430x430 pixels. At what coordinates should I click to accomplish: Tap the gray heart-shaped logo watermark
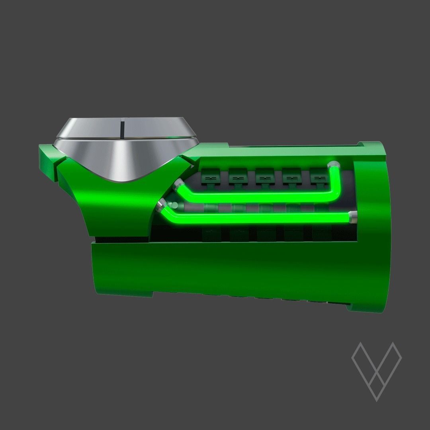point(376,368)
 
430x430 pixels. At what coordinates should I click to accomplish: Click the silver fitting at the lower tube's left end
point(161,205)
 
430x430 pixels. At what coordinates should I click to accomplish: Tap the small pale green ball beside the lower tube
point(174,206)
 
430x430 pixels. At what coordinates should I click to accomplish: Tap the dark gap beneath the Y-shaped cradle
point(119,240)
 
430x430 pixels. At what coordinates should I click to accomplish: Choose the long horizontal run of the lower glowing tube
point(259,218)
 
